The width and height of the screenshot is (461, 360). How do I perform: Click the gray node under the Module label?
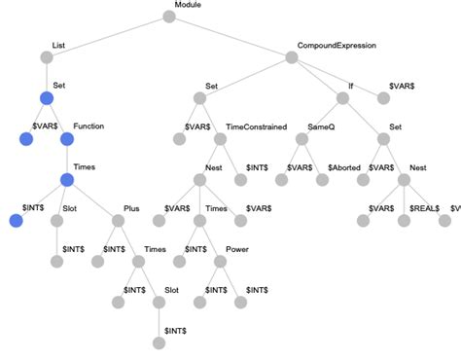168,17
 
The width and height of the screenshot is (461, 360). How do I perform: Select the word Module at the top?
188,6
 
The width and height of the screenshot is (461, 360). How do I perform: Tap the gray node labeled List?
46,57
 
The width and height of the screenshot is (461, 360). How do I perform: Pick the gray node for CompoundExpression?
292,57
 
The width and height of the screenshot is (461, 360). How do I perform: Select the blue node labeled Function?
67,139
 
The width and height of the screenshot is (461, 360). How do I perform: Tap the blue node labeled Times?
67,180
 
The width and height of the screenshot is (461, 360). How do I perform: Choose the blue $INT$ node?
15,221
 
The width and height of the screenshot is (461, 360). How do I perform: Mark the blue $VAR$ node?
25,139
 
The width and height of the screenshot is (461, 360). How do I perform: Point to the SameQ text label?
321,127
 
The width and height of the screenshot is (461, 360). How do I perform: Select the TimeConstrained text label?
256,127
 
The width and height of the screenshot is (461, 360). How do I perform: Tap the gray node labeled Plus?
118,221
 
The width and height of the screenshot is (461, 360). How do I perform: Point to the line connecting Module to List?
107,37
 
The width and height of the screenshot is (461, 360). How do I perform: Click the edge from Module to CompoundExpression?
230,37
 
